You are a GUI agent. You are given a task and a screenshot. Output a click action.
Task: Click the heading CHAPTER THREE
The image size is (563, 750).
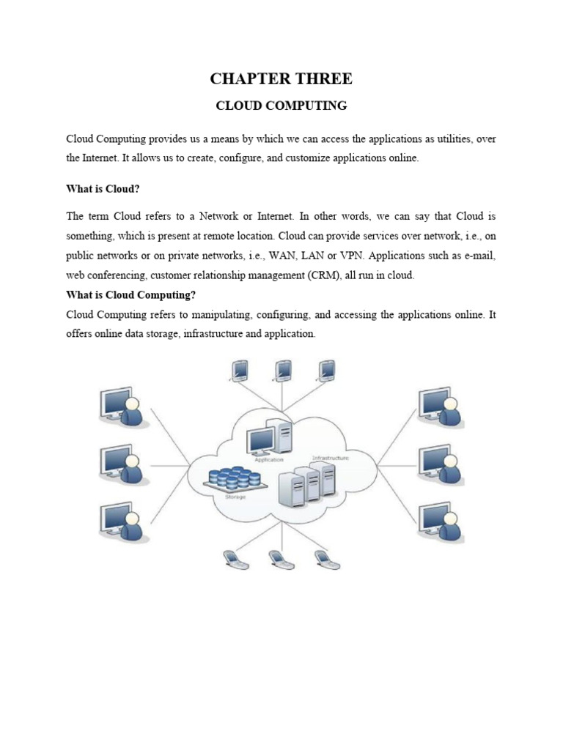(x=281, y=79)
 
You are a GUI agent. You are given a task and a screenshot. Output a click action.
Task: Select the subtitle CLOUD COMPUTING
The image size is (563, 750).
(x=281, y=105)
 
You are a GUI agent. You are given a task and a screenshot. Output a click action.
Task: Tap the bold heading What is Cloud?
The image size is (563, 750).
(x=103, y=189)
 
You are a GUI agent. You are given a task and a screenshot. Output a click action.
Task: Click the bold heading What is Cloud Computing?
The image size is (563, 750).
(x=131, y=295)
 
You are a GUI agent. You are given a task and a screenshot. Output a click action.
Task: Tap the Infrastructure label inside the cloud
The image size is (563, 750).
(x=330, y=458)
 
